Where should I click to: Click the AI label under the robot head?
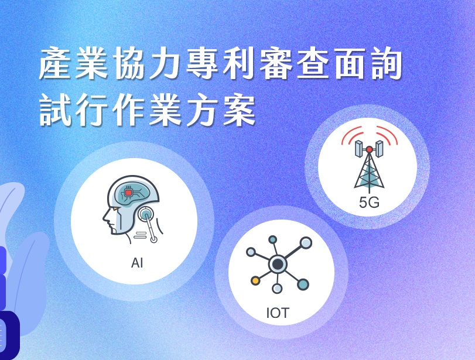coord(137,263)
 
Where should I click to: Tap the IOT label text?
coord(278,313)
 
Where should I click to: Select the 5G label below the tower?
coord(369,203)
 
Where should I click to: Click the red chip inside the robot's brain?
coord(128,193)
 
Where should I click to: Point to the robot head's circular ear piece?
coord(146,214)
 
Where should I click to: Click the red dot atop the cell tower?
coord(369,149)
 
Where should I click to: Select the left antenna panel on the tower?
coord(359,149)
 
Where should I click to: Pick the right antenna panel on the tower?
coord(380,149)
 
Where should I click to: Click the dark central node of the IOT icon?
coord(278,265)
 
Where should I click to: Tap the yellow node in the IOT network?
coord(255,280)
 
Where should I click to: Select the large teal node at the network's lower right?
coord(303,284)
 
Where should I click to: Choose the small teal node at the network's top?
coord(272,239)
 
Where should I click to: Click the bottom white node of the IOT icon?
coord(277,288)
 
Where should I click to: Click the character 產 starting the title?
coord(56,63)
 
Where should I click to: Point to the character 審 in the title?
coord(276,63)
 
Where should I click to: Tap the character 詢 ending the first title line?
coord(386,63)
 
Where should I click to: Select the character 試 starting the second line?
coord(56,109)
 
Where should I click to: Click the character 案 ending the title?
coord(240,109)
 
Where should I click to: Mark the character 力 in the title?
coord(166,63)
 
